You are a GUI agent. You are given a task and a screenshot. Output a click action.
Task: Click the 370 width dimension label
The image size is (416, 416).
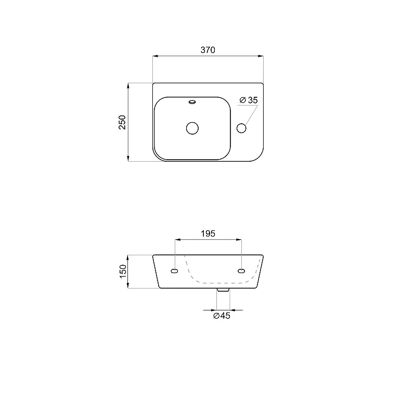point(207,50)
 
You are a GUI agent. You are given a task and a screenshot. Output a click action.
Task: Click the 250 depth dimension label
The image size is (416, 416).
point(122,122)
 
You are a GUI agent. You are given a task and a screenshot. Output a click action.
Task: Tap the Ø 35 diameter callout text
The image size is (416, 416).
point(249,100)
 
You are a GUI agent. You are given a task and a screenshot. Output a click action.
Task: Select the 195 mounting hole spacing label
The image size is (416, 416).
point(208,233)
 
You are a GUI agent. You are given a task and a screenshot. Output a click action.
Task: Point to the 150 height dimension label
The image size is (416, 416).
point(123,271)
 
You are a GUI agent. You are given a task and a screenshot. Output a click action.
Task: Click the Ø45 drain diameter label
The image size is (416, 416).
point(222,316)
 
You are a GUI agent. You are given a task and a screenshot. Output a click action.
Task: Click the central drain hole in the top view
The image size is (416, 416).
point(192,128)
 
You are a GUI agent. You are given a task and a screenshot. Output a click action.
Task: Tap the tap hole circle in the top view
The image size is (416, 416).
point(241,128)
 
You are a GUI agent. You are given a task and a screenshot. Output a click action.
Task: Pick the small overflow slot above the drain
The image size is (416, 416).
point(192,101)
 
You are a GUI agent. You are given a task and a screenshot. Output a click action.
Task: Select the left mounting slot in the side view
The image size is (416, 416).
point(175,271)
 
